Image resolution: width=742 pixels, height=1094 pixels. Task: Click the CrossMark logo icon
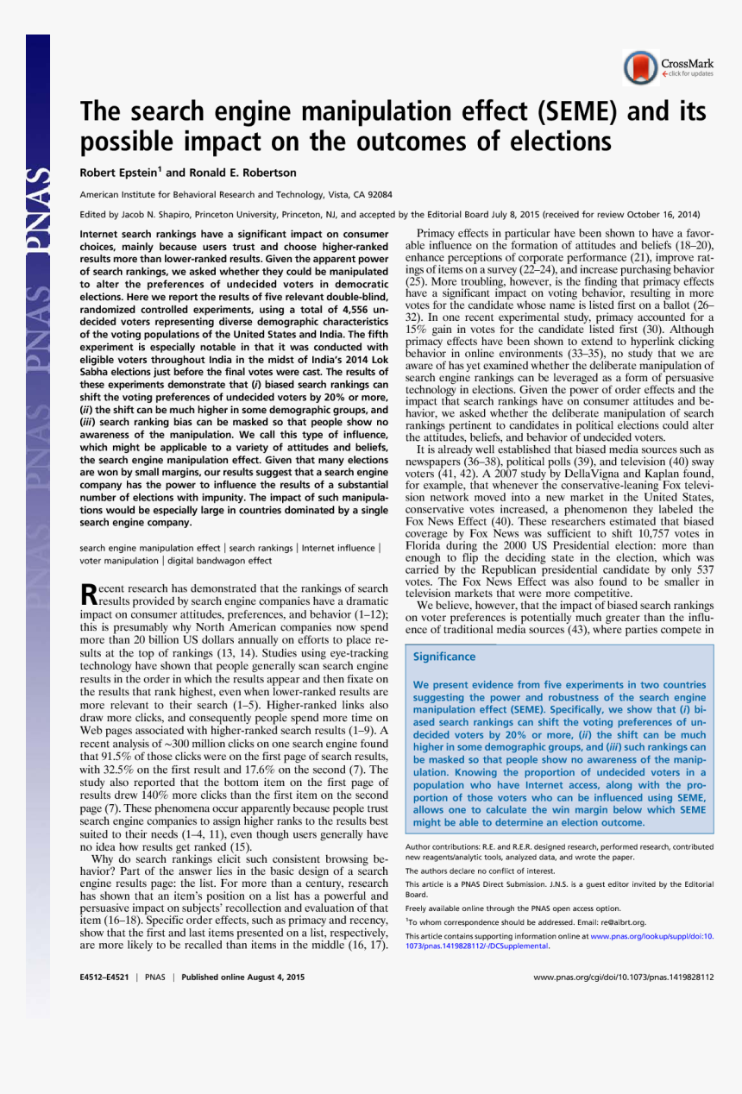(x=641, y=68)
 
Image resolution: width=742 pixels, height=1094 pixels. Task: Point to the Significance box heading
(x=444, y=657)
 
